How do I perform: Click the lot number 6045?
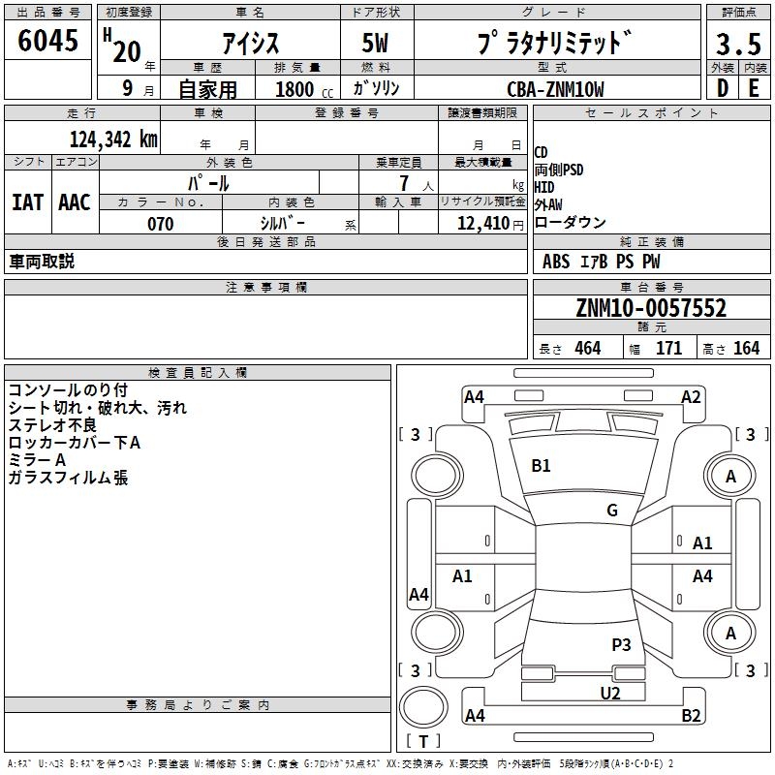[47, 41]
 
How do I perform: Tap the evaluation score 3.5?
[738, 44]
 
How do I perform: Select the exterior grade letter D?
[722, 88]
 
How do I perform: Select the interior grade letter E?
[754, 88]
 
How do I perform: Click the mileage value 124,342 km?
[113, 139]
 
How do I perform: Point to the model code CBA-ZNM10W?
[555, 89]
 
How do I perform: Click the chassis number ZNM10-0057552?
[651, 308]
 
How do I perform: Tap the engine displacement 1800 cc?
[304, 89]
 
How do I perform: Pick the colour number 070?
[161, 224]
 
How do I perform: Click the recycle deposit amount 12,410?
[483, 223]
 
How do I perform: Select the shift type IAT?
[28, 202]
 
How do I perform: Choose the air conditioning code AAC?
[75, 202]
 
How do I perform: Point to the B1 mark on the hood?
[541, 466]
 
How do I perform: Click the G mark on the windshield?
[612, 511]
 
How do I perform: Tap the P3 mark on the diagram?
[621, 644]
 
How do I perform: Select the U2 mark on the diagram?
[610, 693]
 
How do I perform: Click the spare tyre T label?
[423, 741]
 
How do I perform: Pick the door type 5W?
[375, 43]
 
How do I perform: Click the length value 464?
[588, 348]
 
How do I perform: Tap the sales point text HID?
[544, 187]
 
